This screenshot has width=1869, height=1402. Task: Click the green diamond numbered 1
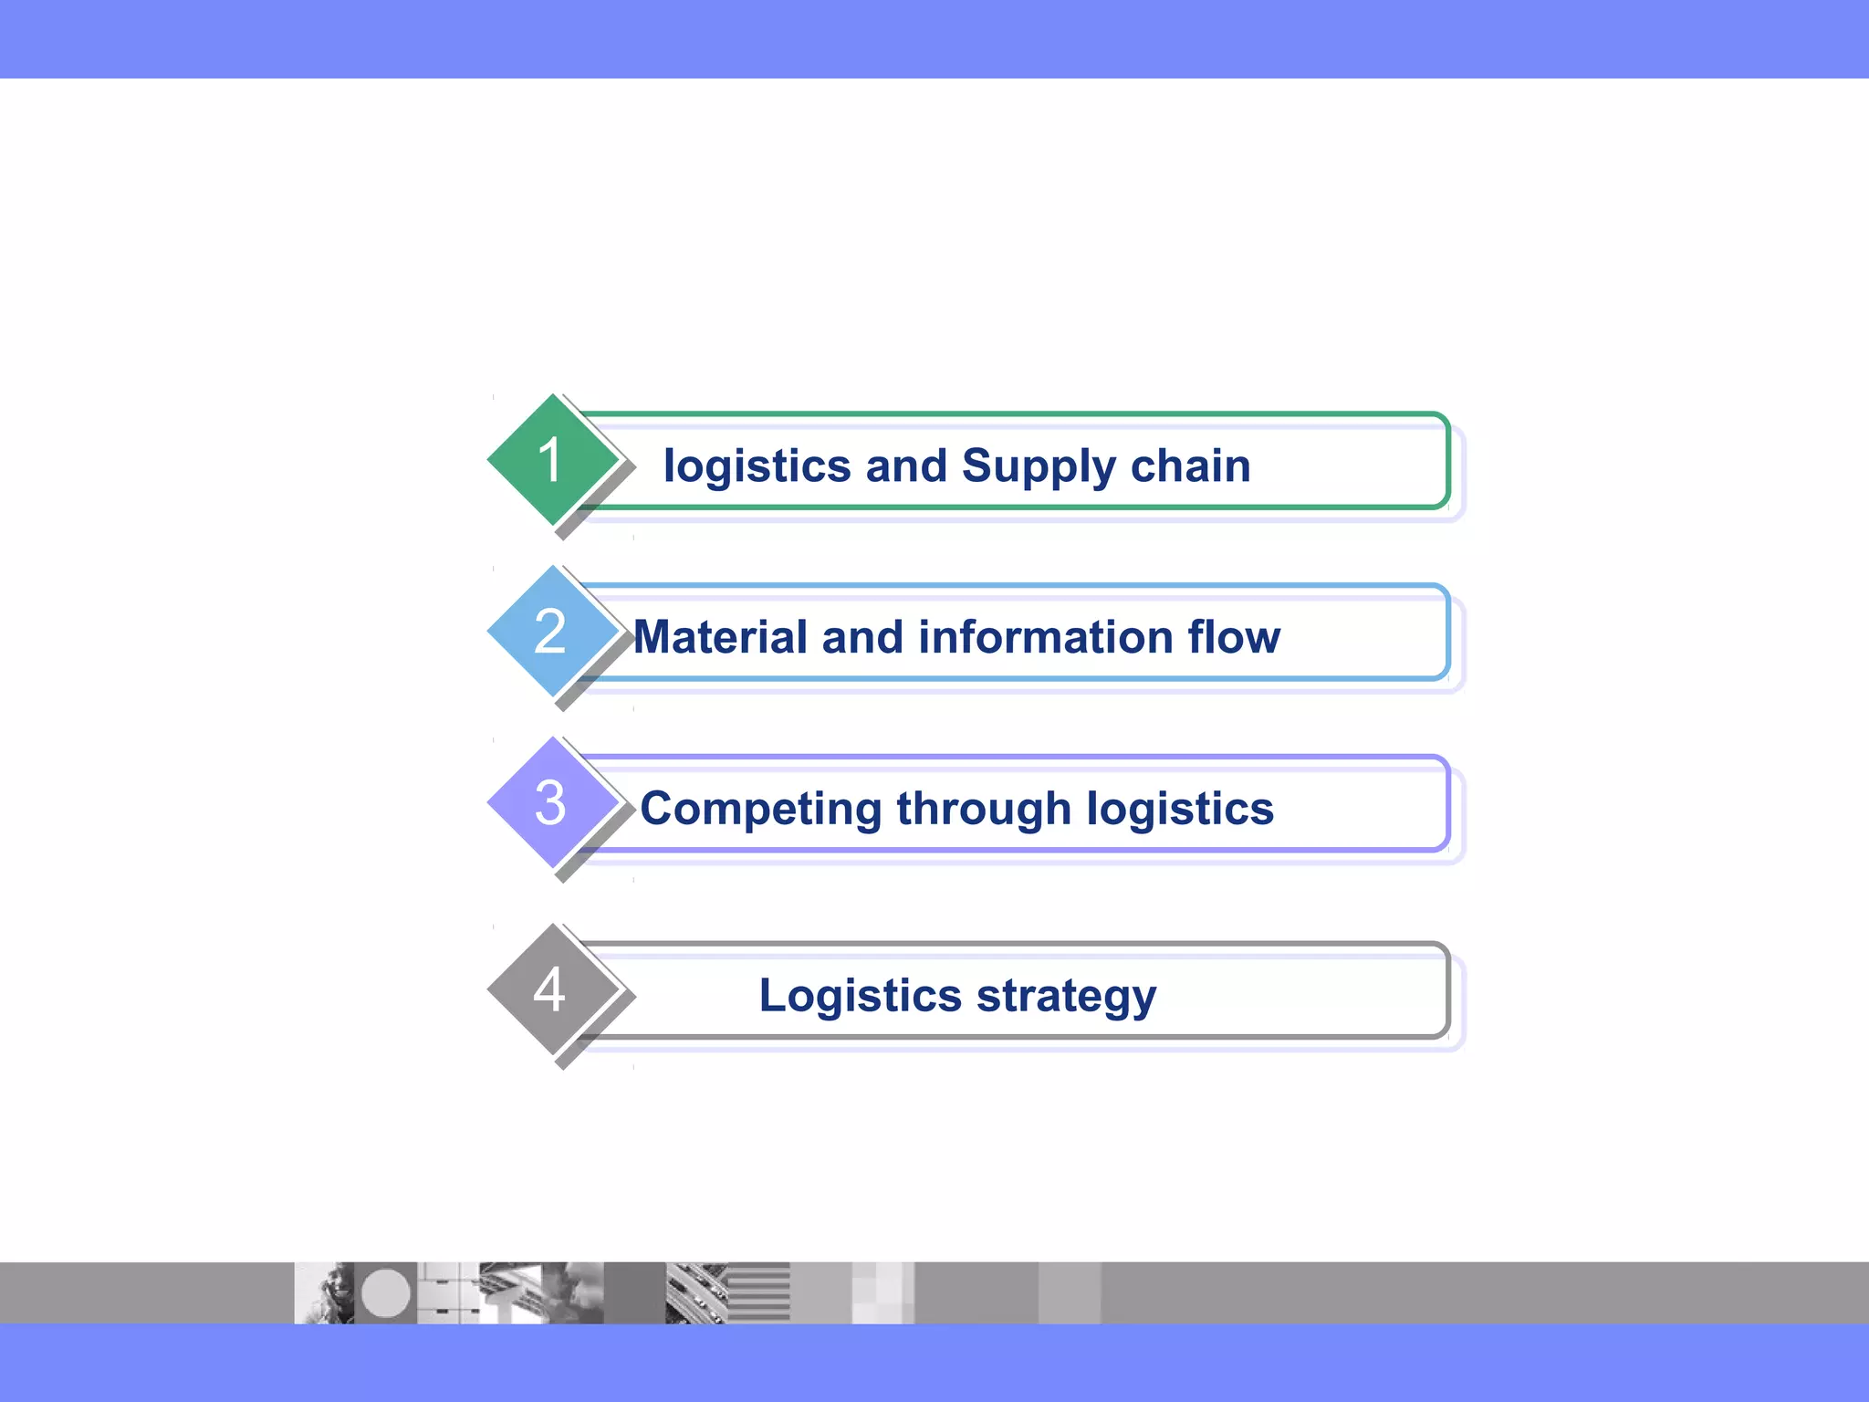[551, 460]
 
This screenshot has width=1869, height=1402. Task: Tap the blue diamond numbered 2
[551, 632]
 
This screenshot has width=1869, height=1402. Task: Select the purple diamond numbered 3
[551, 803]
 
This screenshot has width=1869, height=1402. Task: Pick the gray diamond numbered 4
[551, 990]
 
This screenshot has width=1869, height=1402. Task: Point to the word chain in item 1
[1190, 466]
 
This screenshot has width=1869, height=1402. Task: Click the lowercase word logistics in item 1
[757, 467]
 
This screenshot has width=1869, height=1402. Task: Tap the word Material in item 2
[720, 637]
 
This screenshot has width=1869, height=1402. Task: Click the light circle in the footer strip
[386, 1293]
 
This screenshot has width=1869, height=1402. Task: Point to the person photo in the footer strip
[324, 1293]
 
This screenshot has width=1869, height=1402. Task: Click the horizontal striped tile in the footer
[759, 1293]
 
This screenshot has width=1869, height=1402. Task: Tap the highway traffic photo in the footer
[695, 1293]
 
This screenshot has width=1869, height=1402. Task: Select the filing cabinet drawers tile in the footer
[447, 1293]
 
